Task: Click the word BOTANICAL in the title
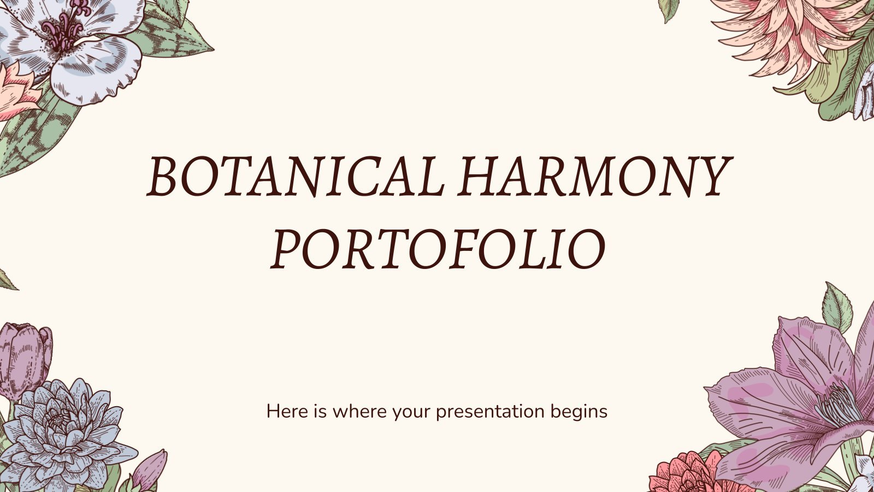point(296,177)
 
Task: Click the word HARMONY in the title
point(595,177)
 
